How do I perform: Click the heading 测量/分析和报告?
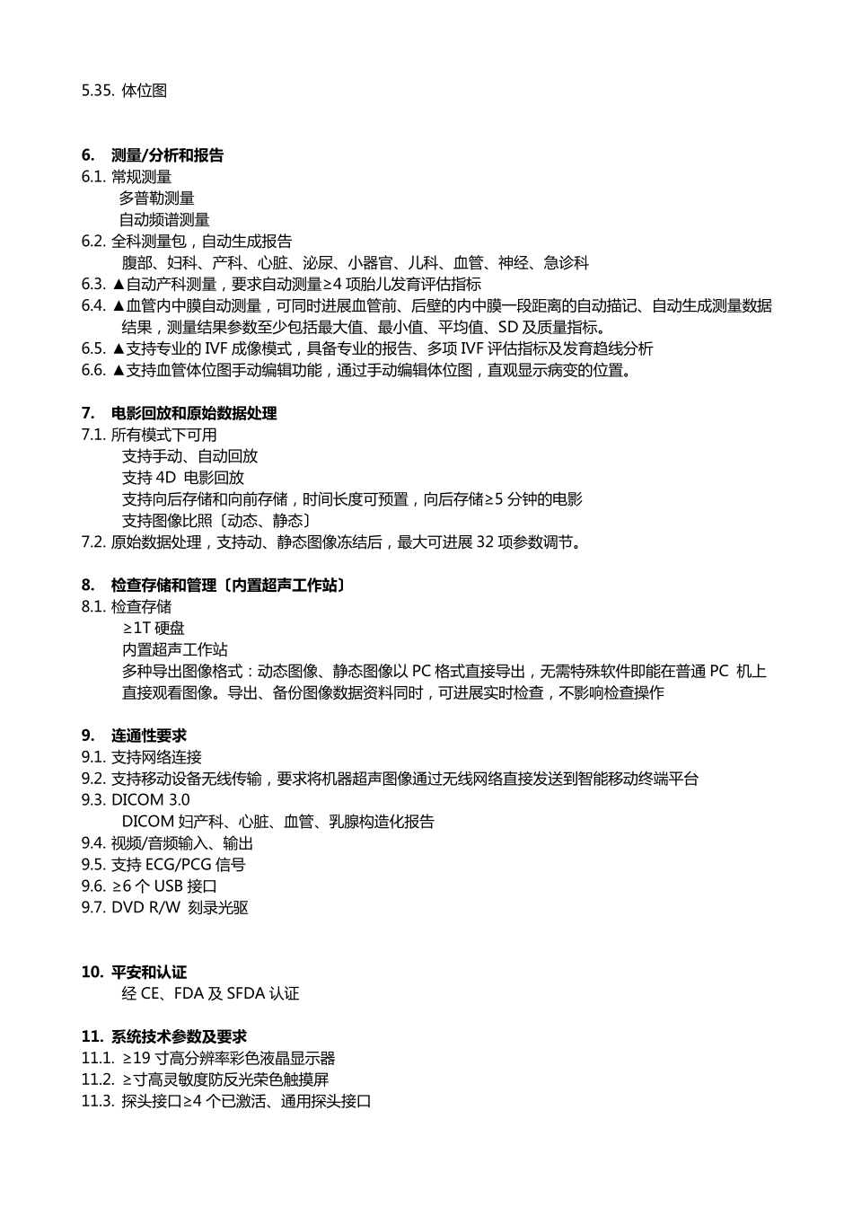click(167, 155)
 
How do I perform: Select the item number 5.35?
click(98, 91)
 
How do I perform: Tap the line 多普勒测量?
click(157, 198)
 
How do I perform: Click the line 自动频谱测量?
click(164, 220)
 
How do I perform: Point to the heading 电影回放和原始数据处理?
click(193, 414)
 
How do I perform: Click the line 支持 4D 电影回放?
click(183, 478)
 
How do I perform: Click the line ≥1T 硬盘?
click(154, 629)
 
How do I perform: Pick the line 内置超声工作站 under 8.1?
click(175, 650)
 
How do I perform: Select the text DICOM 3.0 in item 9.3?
click(151, 800)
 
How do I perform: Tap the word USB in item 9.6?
click(169, 886)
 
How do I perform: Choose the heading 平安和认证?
click(148, 973)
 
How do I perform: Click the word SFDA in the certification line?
click(245, 994)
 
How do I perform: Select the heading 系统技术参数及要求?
click(179, 1037)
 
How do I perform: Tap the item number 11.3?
click(98, 1102)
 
